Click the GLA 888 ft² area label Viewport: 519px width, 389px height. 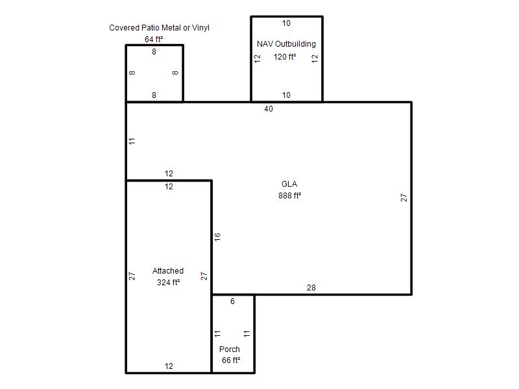(x=289, y=190)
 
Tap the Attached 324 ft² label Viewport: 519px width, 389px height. (x=168, y=277)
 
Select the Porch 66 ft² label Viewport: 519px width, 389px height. (x=230, y=355)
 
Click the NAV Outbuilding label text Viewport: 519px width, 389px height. (x=286, y=44)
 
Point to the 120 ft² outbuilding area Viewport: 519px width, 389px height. (x=285, y=57)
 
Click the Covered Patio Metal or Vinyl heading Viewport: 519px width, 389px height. (x=159, y=28)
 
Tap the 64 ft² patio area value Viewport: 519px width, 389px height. (x=154, y=40)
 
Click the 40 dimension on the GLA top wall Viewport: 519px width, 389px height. (x=269, y=109)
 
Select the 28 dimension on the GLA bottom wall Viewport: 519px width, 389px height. (x=311, y=288)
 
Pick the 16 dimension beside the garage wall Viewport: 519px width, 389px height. (x=217, y=237)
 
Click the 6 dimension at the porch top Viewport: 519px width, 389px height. (x=232, y=301)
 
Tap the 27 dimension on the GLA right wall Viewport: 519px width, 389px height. (x=404, y=198)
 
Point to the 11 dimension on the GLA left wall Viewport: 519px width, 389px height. (x=132, y=141)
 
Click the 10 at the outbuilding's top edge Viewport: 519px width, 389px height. (x=286, y=23)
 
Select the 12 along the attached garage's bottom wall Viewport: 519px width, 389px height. (x=169, y=366)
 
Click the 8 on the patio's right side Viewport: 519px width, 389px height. (x=175, y=73)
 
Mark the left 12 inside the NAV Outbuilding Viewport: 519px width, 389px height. (x=258, y=58)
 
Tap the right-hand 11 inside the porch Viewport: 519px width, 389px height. (x=247, y=334)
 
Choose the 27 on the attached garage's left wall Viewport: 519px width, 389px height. (x=132, y=276)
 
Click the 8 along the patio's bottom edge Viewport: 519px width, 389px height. (x=154, y=95)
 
